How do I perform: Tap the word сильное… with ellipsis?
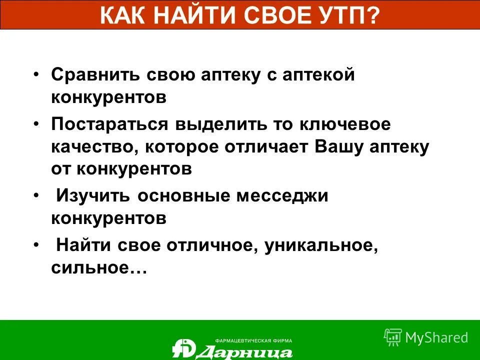(x=98, y=267)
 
